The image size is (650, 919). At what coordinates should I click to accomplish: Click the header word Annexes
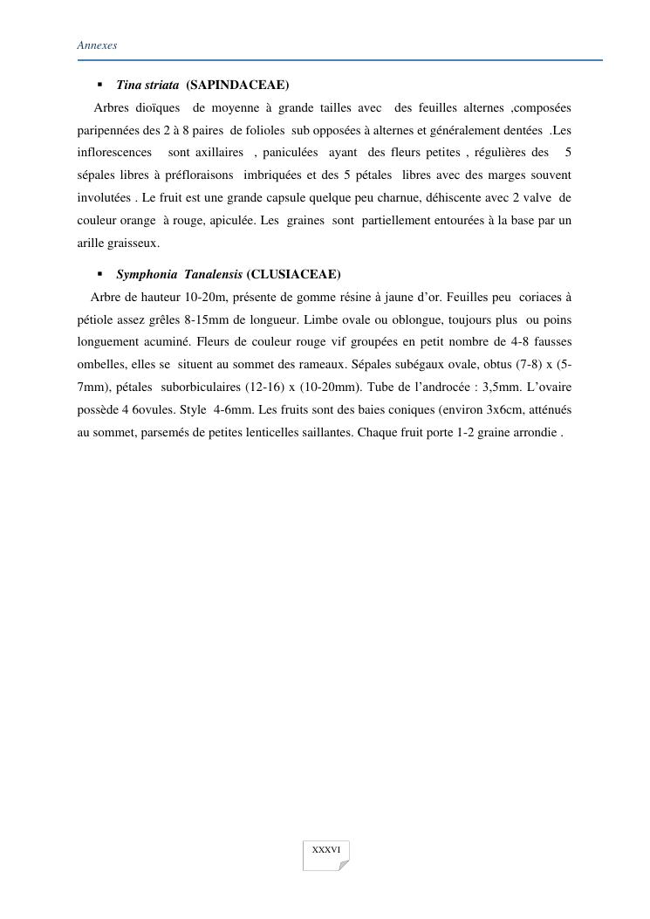[x=97, y=45]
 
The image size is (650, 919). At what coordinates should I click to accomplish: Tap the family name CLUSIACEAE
[x=294, y=274]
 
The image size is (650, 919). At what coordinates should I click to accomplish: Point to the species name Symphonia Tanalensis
[x=179, y=274]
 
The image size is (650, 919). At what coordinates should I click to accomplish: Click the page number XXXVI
[x=326, y=849]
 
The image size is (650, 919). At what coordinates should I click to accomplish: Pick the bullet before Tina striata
[x=100, y=85]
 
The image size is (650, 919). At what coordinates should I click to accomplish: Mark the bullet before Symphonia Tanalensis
[x=100, y=274]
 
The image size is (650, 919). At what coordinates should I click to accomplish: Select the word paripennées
[x=108, y=130]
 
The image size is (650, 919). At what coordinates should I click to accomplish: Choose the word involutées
[x=105, y=198]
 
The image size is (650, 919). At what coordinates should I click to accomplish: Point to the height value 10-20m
[x=207, y=297]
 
